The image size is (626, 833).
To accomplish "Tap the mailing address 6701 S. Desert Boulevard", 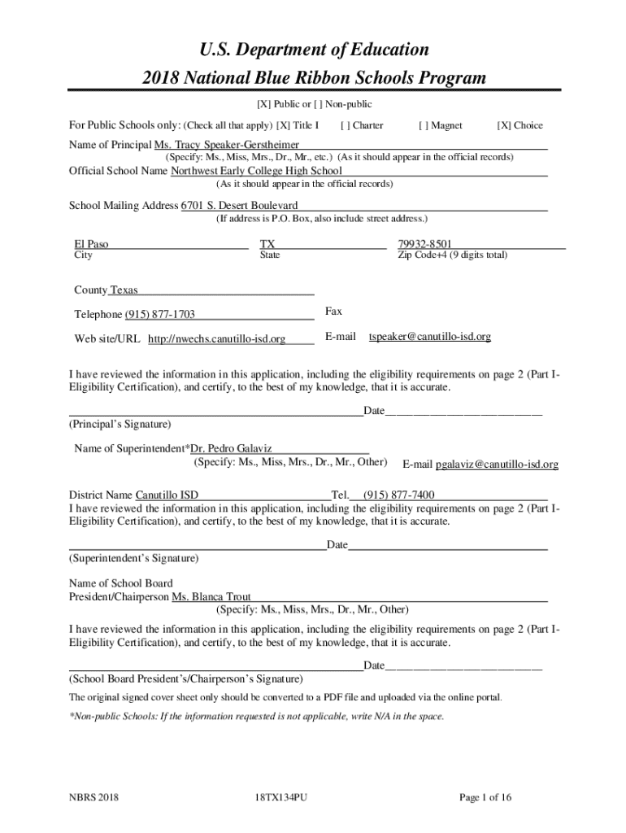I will (239, 206).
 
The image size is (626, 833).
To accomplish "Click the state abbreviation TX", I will (267, 244).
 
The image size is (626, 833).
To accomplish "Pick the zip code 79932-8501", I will (425, 244).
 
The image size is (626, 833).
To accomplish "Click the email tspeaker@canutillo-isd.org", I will (430, 336).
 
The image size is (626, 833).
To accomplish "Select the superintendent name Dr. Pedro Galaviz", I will (231, 448).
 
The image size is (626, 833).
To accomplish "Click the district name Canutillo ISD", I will (167, 495).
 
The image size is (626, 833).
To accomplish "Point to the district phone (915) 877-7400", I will (398, 495).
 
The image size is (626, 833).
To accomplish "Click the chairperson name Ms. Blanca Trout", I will (211, 596).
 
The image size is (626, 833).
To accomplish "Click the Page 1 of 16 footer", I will (485, 797).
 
